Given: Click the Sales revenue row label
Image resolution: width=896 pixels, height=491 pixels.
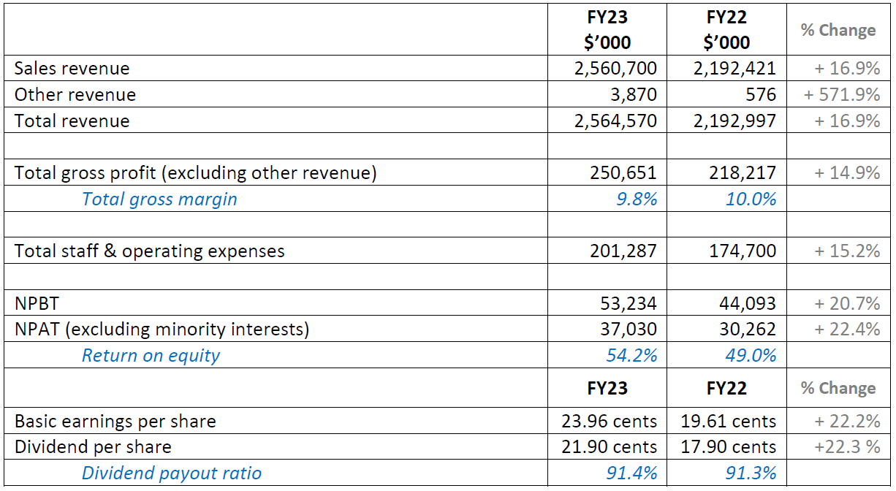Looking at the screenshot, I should (x=72, y=69).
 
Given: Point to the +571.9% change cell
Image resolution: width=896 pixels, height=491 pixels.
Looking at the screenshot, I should (x=841, y=95).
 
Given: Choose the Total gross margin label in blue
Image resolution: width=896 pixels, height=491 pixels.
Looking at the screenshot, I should (x=159, y=199).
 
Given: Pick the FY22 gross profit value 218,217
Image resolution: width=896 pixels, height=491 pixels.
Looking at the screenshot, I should (x=742, y=173).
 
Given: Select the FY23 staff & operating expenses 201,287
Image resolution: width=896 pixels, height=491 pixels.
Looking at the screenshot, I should (x=623, y=251).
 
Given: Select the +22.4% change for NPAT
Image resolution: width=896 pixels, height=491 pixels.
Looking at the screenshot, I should (x=847, y=330).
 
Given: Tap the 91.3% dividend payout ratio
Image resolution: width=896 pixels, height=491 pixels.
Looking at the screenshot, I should (x=751, y=473).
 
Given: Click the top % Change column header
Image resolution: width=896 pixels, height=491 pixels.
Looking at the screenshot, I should (x=838, y=31).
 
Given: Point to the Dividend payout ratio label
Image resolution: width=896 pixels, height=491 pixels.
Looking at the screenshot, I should (x=171, y=473).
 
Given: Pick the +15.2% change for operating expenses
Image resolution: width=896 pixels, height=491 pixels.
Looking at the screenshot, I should (x=847, y=251).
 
